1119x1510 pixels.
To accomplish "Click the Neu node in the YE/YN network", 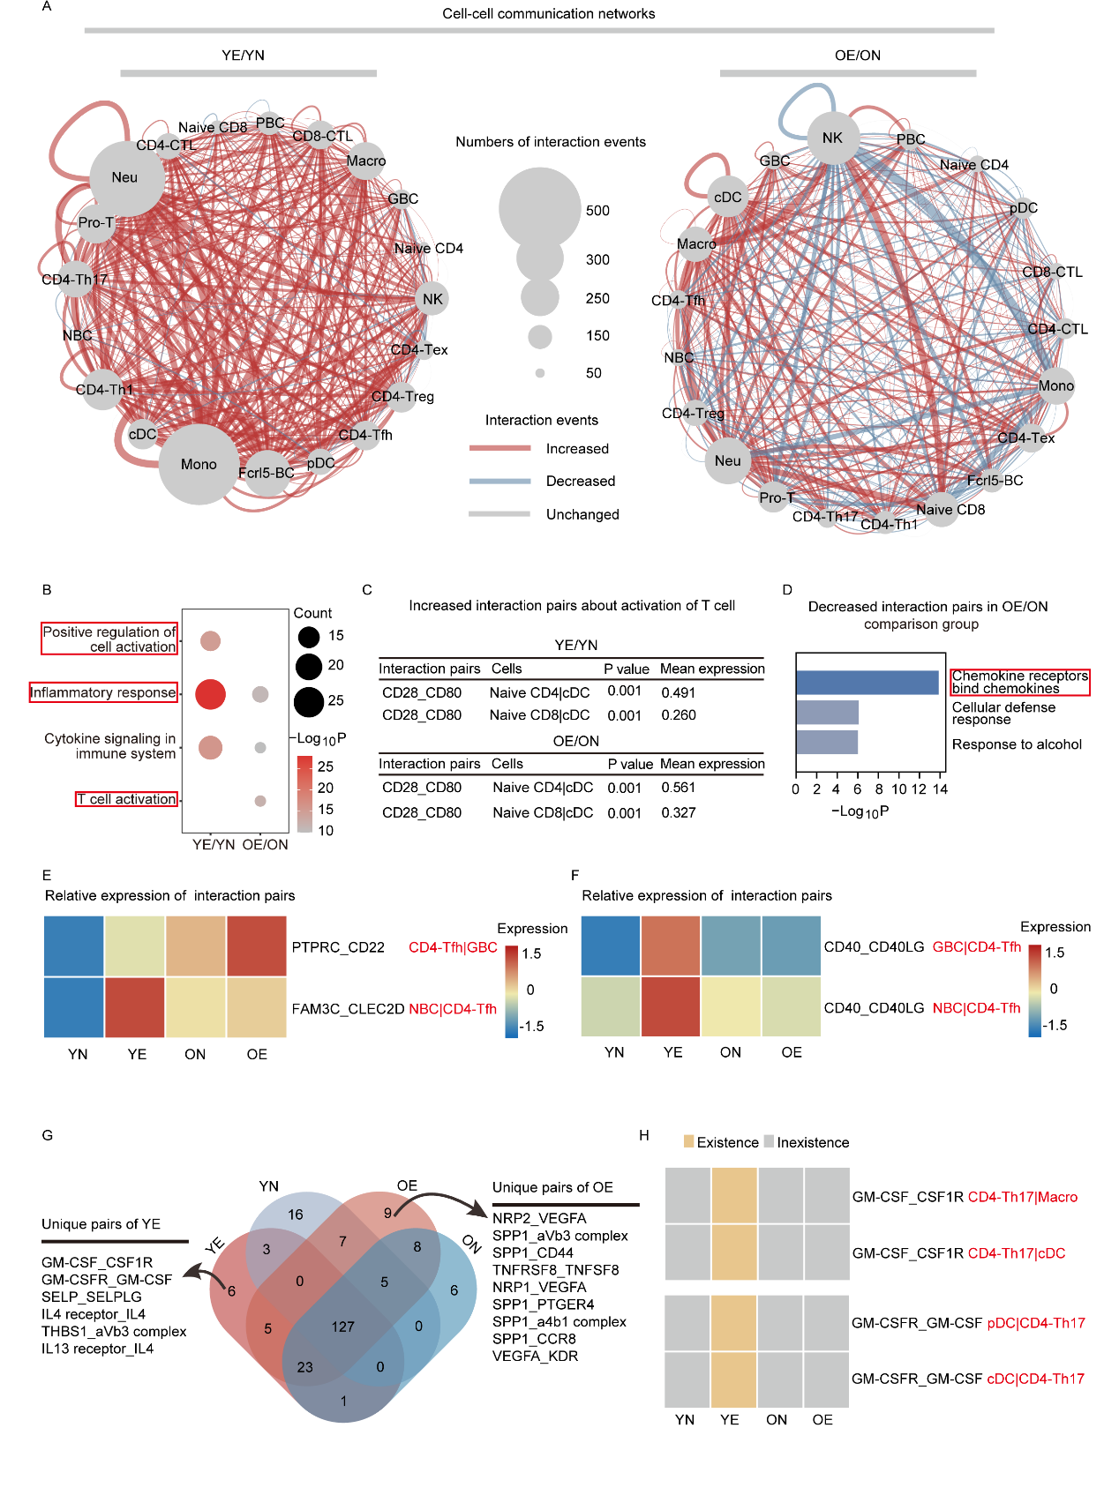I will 126,178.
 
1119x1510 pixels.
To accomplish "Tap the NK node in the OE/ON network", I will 832,138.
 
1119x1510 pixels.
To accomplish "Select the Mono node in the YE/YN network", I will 199,464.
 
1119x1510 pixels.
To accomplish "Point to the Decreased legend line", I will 499,481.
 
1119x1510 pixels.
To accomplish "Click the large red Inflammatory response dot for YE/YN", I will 210,694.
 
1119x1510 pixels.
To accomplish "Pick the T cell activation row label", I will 126,799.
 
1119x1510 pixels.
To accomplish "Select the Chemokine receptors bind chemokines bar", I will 867,683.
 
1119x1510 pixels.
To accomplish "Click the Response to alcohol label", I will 1017,744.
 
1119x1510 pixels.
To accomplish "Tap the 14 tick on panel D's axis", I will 940,789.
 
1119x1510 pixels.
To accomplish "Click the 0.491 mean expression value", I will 679,693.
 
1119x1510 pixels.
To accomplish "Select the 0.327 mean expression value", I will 679,812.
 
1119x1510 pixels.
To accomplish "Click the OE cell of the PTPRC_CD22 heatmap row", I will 257,946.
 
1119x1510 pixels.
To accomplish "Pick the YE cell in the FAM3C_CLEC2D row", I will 135,1007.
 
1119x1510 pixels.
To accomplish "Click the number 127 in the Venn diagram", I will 342,1327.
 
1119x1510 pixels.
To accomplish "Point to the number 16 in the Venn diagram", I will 295,1215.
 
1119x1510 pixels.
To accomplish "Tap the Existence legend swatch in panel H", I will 688,1141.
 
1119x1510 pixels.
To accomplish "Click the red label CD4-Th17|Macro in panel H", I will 1023,1197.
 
